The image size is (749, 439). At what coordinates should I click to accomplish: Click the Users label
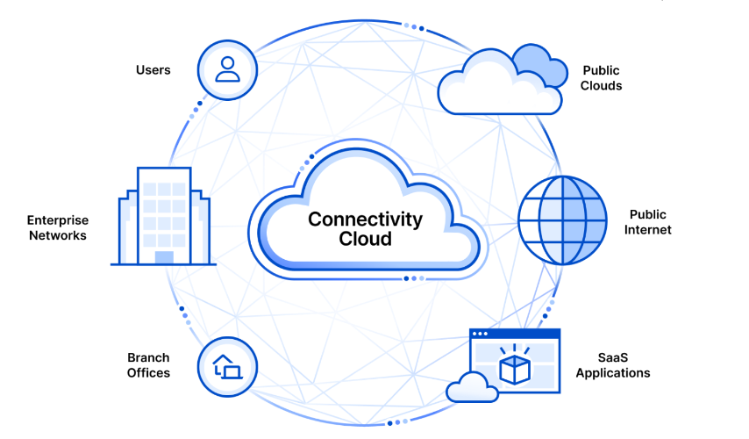(153, 69)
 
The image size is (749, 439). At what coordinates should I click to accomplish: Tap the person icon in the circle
(227, 69)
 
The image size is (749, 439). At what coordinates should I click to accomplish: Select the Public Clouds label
(602, 78)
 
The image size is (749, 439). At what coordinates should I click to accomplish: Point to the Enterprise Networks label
(58, 228)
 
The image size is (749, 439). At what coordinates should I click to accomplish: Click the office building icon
(163, 216)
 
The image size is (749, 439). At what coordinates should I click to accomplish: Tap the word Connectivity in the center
(365, 219)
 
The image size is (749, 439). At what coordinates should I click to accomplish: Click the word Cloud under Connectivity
(365, 239)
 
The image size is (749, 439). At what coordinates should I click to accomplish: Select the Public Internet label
(650, 222)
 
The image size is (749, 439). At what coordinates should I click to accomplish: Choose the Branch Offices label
(148, 365)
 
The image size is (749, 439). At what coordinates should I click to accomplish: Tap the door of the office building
(164, 256)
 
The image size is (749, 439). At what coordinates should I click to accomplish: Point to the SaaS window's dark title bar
(515, 334)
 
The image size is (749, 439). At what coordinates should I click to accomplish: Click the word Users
(153, 69)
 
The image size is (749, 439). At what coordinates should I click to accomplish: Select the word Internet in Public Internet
(650, 230)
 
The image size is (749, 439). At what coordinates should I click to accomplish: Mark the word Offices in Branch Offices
(148, 373)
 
